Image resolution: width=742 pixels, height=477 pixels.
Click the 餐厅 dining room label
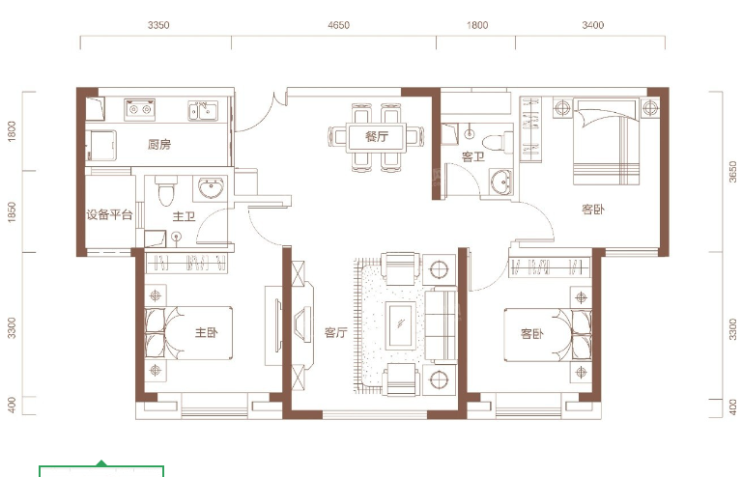(376, 136)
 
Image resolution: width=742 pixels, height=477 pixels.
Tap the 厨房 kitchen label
(159, 144)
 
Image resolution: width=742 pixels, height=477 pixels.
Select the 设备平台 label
(109, 214)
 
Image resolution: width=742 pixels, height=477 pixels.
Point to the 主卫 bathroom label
(184, 216)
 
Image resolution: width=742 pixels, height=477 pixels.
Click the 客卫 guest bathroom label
(473, 156)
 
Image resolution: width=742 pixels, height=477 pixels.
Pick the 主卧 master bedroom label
(207, 333)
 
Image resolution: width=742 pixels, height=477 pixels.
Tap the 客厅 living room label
(335, 333)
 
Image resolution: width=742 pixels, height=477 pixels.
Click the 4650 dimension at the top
(338, 25)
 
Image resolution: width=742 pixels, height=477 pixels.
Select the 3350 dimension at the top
(158, 25)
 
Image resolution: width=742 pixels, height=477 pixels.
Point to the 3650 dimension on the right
(732, 172)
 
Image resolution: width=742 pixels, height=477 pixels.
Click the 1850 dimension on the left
(12, 211)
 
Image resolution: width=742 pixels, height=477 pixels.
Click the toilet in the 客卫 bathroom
(497, 142)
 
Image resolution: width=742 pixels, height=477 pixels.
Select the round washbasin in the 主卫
(211, 187)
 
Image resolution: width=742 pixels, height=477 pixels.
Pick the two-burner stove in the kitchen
(140, 110)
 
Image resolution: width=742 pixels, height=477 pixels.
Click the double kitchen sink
(203, 111)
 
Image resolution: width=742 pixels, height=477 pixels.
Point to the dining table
(376, 137)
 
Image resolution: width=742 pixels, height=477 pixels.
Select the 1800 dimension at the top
(477, 25)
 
